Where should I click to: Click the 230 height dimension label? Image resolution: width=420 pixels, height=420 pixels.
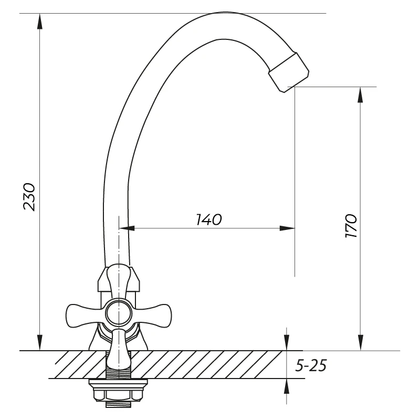click(x=29, y=197)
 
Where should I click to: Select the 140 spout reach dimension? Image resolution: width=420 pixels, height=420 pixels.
click(x=209, y=219)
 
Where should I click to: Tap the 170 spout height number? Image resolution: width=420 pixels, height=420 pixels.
click(x=351, y=226)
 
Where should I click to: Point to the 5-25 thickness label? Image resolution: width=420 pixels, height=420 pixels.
click(x=311, y=365)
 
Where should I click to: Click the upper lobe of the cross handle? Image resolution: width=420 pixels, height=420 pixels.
click(x=119, y=281)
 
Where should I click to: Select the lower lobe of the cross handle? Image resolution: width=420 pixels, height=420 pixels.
click(x=119, y=348)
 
